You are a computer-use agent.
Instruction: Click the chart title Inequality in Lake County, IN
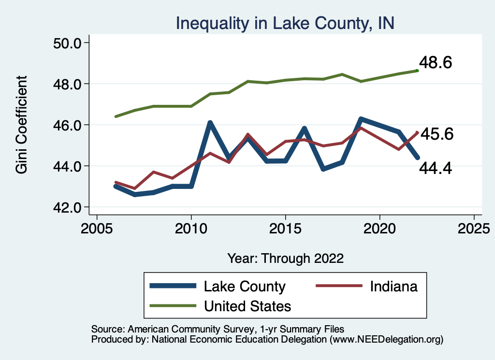[285, 23]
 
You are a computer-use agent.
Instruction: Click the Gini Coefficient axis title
[22, 125]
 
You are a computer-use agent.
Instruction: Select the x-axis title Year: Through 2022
[285, 258]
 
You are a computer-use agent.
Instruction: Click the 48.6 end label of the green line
[435, 63]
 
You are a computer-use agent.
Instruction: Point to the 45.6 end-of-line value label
[437, 134]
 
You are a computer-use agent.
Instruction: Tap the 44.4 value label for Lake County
[435, 169]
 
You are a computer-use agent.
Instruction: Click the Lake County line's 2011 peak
[210, 123]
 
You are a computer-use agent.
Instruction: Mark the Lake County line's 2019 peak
[361, 119]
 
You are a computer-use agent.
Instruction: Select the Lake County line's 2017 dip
[323, 169]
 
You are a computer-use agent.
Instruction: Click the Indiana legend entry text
[393, 287]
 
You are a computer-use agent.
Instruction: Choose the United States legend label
[247, 306]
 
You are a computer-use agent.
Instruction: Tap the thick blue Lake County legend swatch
[174, 286]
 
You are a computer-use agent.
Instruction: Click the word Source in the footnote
[105, 329]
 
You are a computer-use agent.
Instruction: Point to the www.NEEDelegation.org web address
[386, 339]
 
